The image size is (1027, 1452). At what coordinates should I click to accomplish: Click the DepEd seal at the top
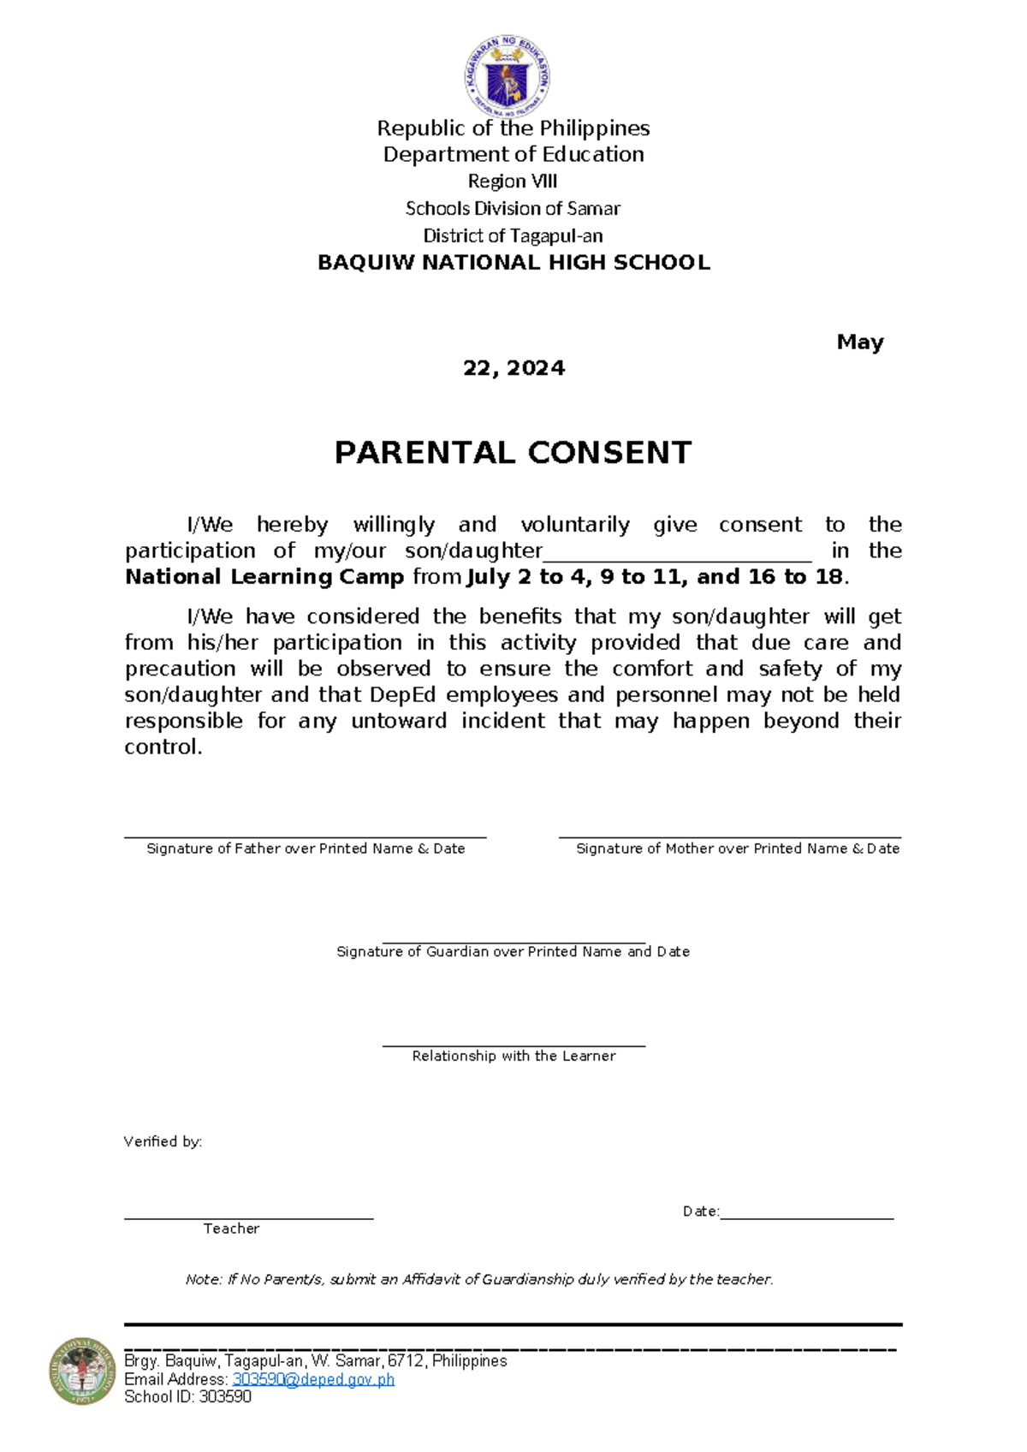pos(507,77)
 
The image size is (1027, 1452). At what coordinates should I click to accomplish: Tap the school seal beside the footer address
pos(82,1371)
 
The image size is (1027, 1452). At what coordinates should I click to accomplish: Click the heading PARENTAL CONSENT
pos(513,453)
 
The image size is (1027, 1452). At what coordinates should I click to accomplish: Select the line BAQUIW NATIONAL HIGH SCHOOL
pos(513,263)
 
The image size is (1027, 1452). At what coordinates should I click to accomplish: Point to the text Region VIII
pos(513,181)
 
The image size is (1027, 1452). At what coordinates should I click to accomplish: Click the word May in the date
pos(859,342)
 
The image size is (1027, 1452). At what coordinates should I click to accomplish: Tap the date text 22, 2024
pos(513,368)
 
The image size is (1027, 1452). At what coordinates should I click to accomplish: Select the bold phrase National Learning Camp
pos(264,577)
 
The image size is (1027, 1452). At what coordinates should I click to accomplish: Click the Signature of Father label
pos(306,848)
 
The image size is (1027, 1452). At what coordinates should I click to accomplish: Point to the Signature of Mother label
pos(737,848)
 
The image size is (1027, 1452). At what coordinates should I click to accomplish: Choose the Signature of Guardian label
pos(513,952)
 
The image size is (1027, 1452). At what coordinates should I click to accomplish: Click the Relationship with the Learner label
pos(513,1056)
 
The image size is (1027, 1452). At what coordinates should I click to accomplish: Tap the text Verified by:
pos(163,1142)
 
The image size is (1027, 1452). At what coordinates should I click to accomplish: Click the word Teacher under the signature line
pos(231,1229)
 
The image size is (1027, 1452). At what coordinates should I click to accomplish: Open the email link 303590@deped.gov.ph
pos(313,1379)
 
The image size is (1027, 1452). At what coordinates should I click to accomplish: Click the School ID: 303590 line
pos(187,1397)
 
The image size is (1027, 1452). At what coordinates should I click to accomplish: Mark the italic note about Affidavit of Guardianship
pos(479,1280)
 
